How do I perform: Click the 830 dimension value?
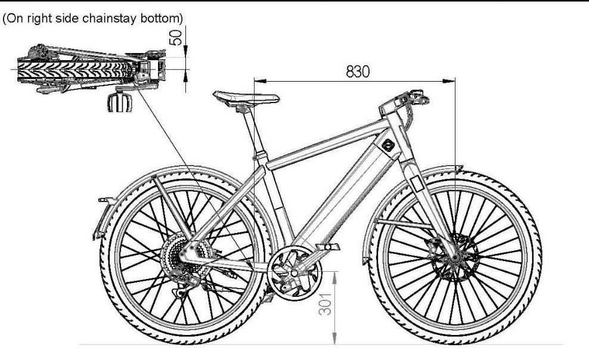pos(358,71)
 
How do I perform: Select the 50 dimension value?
pos(175,38)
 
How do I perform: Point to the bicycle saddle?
pos(246,97)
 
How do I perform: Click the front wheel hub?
pos(455,258)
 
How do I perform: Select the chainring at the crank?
pos(294,273)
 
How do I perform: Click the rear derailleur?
pos(188,285)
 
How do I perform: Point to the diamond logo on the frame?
pos(388,145)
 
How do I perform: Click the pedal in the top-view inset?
pos(120,102)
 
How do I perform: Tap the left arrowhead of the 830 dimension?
pos(261,80)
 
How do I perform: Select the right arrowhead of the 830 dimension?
pos(449,80)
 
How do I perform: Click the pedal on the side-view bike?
pos(328,247)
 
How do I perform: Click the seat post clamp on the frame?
pos(261,154)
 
